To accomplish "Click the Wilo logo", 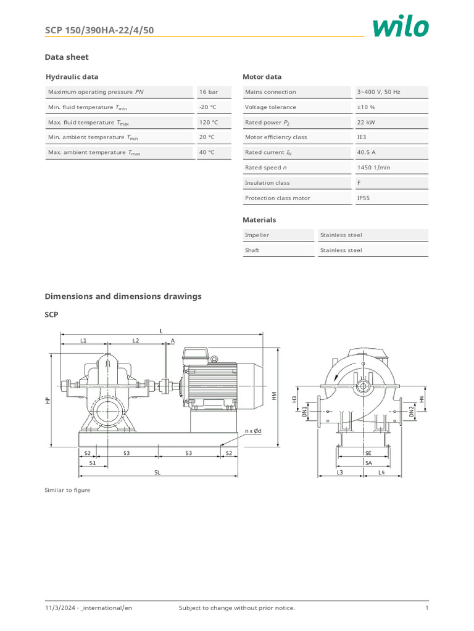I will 401,26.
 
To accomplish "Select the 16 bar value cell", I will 208,92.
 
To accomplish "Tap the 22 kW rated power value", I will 366,122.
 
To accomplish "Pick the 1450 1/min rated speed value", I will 373,168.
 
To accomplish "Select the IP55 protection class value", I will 364,198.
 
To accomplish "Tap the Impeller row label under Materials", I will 257,235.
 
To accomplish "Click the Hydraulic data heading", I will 72,77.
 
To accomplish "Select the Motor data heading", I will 262,77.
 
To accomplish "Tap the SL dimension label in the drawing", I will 157,473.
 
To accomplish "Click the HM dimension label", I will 273,396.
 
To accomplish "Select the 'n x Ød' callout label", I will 253,431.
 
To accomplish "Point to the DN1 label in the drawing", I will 304,413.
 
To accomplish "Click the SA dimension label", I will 368,462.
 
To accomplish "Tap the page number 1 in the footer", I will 426,608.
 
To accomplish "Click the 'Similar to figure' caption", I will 67,490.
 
